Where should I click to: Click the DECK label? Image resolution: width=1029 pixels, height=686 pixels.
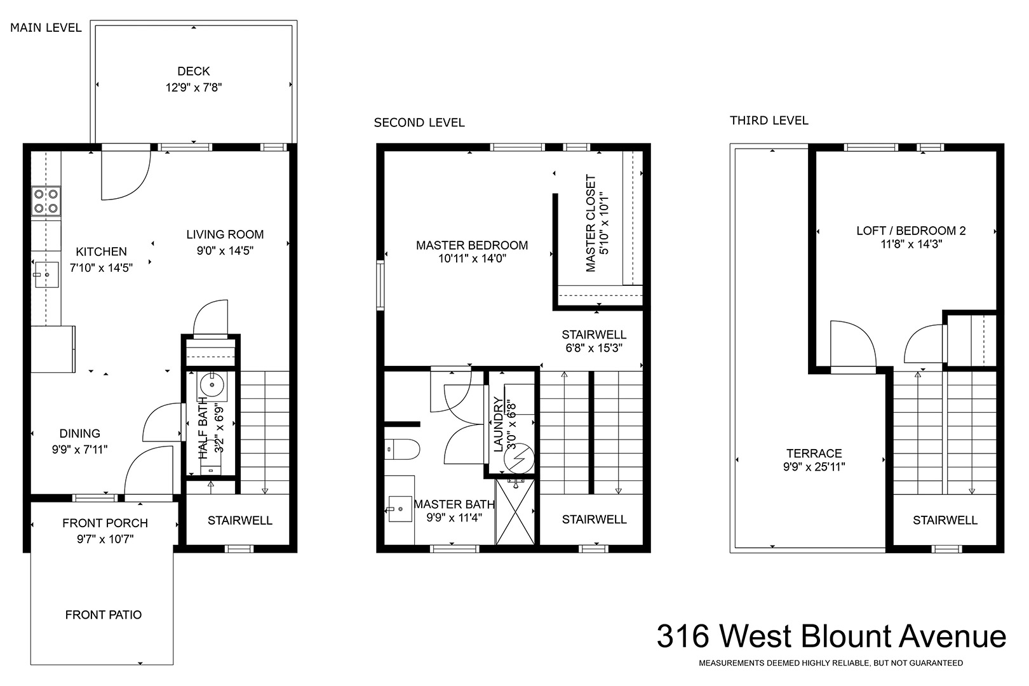193,71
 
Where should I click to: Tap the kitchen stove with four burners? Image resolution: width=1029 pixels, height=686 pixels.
46,201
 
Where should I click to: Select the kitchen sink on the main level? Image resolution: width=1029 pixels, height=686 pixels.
46,275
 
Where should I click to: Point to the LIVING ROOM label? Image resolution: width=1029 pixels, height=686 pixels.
225,234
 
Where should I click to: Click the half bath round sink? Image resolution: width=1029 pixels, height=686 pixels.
212,384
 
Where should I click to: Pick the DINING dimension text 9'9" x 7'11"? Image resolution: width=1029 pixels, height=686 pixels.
79,449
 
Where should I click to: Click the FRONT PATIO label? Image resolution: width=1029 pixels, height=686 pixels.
104,615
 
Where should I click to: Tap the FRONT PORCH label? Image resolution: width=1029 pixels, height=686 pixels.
105,523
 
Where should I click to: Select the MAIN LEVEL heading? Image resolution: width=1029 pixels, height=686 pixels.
46,28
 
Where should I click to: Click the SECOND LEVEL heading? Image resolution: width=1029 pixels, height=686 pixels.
419,123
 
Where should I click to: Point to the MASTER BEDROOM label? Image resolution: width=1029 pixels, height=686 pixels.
472,245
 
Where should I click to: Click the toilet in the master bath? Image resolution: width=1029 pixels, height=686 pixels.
403,449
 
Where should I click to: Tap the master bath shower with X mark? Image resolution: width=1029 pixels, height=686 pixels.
515,512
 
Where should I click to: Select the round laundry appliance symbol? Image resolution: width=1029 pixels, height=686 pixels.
519,458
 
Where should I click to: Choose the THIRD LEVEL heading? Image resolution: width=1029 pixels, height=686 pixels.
769,121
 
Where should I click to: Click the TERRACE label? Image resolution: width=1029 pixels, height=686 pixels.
814,454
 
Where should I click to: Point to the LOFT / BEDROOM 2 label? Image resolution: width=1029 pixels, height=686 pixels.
911,231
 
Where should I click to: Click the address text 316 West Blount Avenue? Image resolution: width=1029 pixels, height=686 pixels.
831,636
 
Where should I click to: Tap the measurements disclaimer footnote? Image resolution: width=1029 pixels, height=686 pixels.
830,663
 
